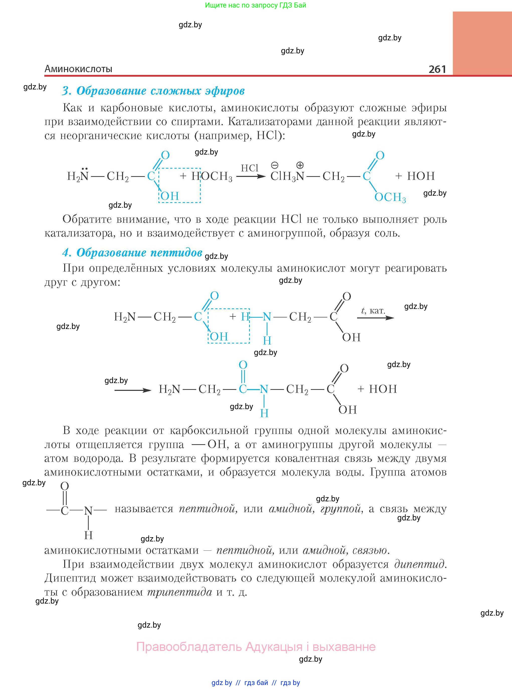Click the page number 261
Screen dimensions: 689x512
tap(437, 69)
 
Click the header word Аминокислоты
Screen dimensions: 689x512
tap(78, 69)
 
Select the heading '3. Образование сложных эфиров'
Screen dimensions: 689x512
tap(153, 91)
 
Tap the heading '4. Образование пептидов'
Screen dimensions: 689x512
tap(132, 253)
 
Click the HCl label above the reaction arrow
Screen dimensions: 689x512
tap(250, 168)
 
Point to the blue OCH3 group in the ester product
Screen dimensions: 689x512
tap(390, 197)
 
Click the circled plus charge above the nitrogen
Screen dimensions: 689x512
tap(300, 165)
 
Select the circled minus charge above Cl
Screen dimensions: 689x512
tap(275, 165)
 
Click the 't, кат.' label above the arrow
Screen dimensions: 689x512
tap(373, 310)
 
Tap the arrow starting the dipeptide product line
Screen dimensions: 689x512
tap(133, 390)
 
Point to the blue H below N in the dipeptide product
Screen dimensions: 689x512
tap(264, 413)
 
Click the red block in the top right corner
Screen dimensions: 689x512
tap(482, 43)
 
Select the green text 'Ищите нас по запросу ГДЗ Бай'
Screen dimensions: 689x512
tap(255, 5)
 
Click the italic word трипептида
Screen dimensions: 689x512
tap(180, 592)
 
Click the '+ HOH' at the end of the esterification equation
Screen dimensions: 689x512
tap(415, 176)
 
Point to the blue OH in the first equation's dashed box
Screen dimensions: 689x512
tap(170, 196)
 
